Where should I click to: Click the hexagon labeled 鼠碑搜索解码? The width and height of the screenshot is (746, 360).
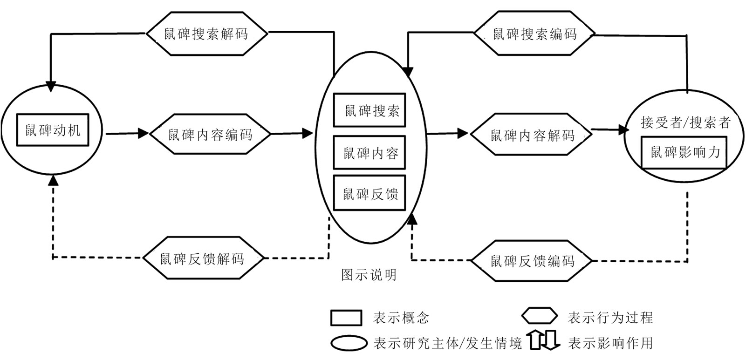(x=207, y=34)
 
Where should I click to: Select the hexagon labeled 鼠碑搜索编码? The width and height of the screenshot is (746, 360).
(x=534, y=34)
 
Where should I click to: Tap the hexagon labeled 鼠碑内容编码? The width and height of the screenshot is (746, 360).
(x=210, y=134)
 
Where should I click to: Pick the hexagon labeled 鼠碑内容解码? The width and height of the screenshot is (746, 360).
(x=532, y=135)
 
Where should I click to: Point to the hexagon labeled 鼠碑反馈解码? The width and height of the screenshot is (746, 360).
(x=203, y=258)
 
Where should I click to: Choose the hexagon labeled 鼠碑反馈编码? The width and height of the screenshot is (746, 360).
(x=532, y=260)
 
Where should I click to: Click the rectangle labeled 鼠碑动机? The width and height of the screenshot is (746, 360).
(x=53, y=130)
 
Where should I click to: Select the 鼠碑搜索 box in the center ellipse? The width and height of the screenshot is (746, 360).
(x=370, y=110)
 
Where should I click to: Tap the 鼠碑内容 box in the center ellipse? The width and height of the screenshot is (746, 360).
(x=370, y=152)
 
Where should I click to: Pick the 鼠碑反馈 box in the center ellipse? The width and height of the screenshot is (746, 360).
(x=370, y=193)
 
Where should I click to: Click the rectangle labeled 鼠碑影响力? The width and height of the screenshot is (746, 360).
(x=684, y=152)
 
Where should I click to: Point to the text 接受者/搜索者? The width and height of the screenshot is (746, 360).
(x=685, y=123)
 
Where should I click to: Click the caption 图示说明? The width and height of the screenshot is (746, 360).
(x=369, y=275)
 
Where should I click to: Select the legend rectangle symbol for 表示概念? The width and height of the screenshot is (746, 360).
(x=346, y=318)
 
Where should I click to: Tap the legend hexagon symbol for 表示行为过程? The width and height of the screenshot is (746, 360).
(x=539, y=317)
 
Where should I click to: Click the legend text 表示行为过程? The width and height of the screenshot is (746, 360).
(x=610, y=318)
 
